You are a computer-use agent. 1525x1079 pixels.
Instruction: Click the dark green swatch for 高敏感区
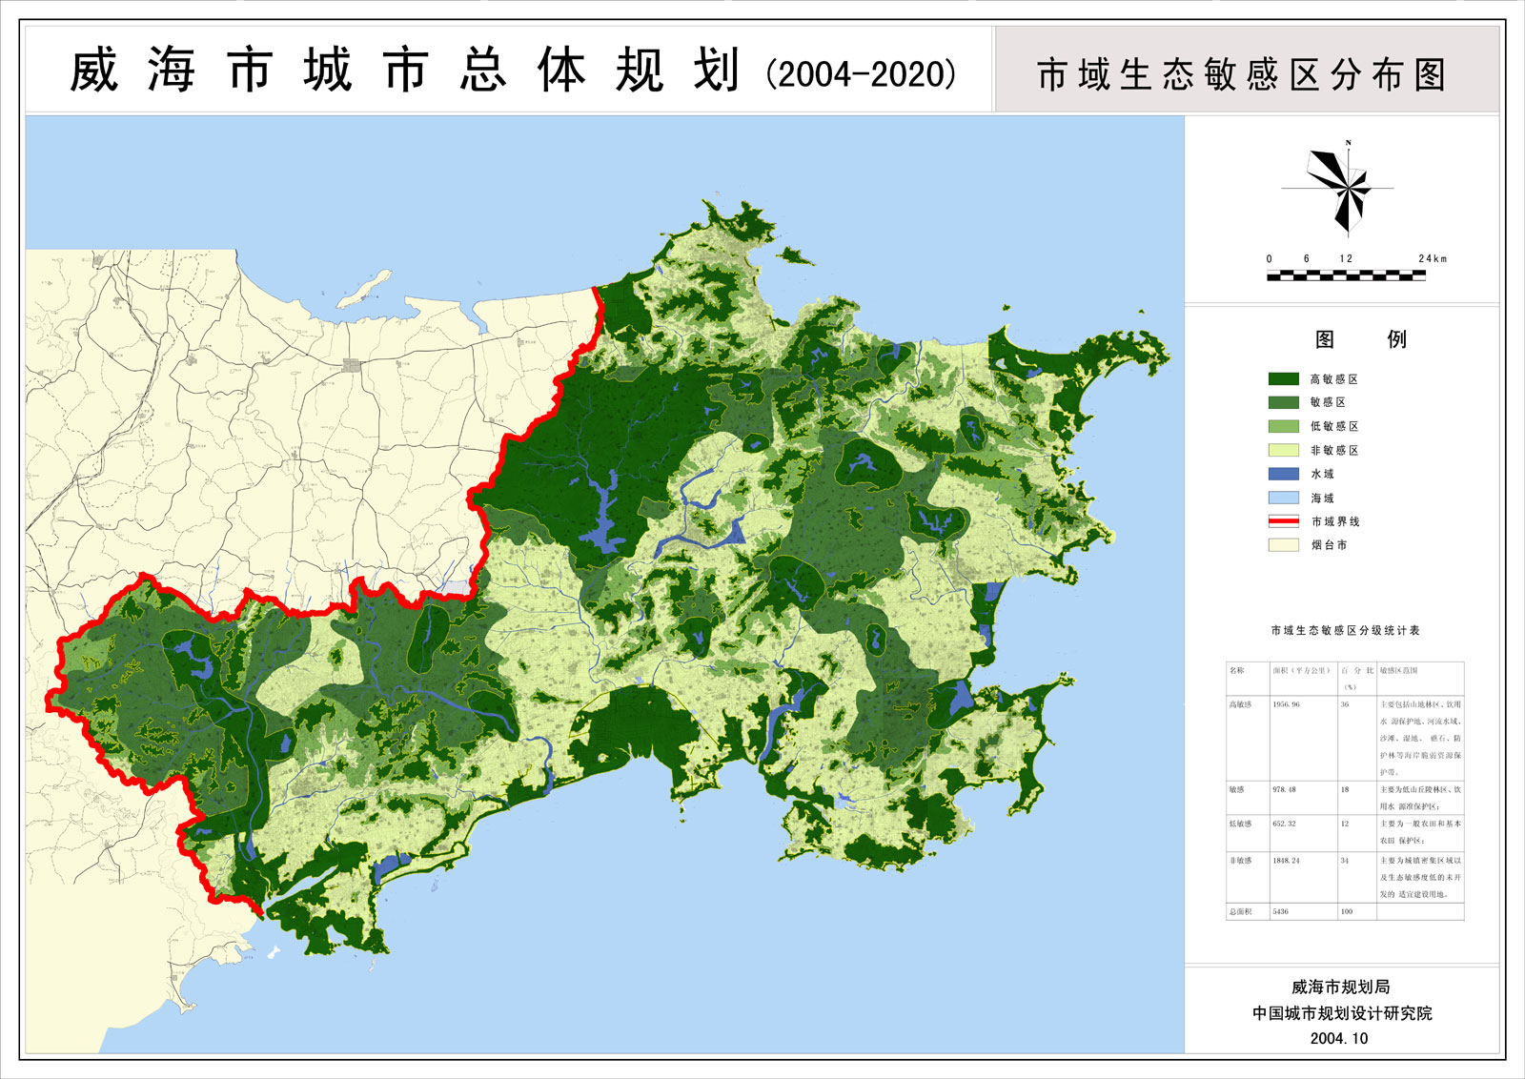tap(1283, 378)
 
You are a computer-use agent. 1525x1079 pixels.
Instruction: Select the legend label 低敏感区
tap(1333, 426)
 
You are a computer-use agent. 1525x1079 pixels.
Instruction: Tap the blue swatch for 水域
tap(1283, 474)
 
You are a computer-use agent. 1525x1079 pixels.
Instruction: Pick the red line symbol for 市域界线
tap(1283, 521)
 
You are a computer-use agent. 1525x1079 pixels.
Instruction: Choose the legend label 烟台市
tap(1329, 545)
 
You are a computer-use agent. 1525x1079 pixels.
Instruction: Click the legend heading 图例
tap(1360, 339)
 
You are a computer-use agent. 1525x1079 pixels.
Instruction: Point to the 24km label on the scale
tap(1432, 258)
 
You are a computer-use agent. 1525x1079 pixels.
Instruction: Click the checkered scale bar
tap(1346, 275)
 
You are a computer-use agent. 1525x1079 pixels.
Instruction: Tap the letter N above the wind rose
tap(1348, 143)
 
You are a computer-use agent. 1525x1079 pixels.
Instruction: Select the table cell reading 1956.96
tap(1286, 704)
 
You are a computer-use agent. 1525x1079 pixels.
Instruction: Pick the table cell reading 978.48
tap(1284, 789)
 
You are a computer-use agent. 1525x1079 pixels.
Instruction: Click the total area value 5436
tap(1280, 911)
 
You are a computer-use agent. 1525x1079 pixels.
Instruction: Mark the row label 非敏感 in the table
tap(1240, 860)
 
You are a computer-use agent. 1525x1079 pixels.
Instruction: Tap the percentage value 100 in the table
tap(1347, 911)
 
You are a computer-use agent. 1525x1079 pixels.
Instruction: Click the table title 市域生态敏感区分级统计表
tap(1345, 631)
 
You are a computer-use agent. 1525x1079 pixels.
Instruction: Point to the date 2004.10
tap(1338, 1038)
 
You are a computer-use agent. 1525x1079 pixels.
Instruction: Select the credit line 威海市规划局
tap(1340, 987)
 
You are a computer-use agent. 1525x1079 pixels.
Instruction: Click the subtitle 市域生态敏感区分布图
tap(1241, 74)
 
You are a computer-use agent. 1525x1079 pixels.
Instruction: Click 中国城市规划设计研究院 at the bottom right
tap(1341, 1013)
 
